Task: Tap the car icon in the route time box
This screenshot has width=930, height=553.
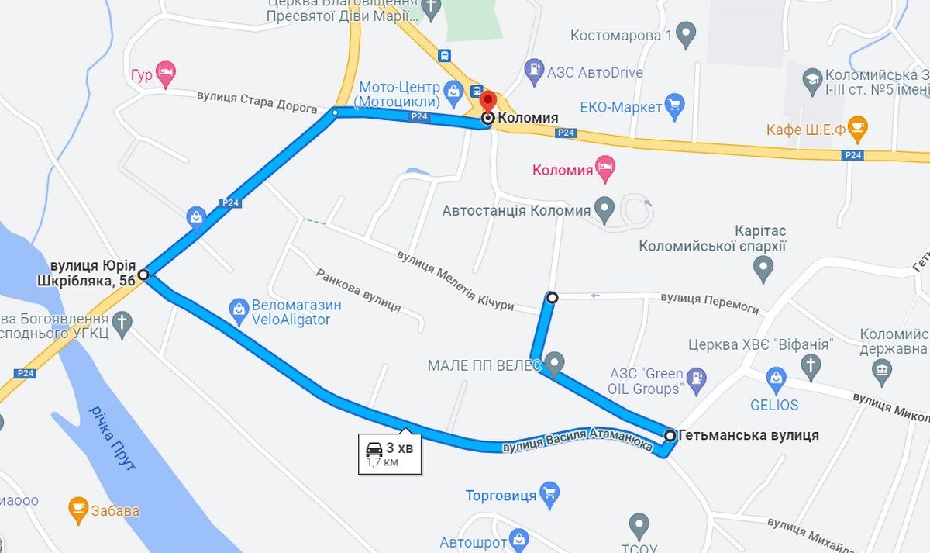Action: tap(374, 448)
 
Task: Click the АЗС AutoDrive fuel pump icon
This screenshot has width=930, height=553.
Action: tap(534, 71)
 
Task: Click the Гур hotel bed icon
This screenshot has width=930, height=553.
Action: tap(165, 74)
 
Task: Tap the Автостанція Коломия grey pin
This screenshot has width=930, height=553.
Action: tap(604, 209)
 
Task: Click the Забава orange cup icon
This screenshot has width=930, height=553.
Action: tap(77, 509)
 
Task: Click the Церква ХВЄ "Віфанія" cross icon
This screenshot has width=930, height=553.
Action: tap(811, 364)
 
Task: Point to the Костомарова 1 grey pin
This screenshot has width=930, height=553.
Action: tap(685, 34)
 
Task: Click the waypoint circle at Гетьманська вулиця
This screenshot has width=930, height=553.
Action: tap(670, 436)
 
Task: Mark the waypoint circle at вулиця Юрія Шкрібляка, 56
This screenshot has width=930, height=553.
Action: tap(144, 274)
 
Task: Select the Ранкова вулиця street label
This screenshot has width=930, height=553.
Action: tap(358, 291)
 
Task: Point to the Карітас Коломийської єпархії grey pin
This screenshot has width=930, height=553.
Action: tap(763, 268)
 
